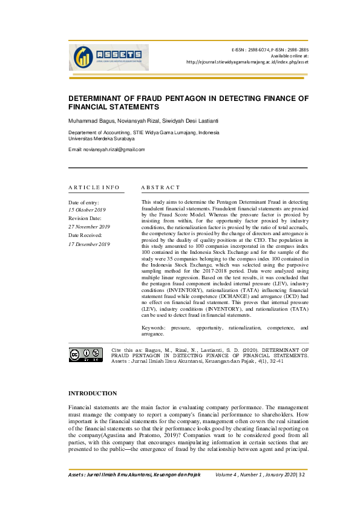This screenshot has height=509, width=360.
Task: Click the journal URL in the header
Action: pyautogui.click(x=247, y=62)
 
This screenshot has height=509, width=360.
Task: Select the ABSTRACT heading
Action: pyautogui.click(x=160, y=187)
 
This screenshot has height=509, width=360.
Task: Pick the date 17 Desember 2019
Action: pyautogui.click(x=89, y=244)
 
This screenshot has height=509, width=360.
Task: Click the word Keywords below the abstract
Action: pyautogui.click(x=154, y=327)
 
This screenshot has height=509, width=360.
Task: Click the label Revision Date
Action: pyautogui.click(x=85, y=218)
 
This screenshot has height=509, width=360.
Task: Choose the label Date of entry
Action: pyautogui.click(x=83, y=202)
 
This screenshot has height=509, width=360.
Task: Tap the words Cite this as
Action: pyautogui.click(x=125, y=349)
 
